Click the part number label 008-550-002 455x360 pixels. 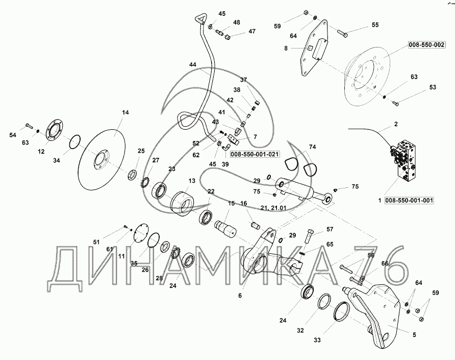point(426,45)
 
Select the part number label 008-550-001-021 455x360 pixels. point(255,155)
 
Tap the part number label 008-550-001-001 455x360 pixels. point(409,201)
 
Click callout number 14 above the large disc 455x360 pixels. point(125,112)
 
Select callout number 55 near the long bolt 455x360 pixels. point(375,25)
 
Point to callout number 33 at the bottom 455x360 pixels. point(317,340)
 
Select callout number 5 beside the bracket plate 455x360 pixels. point(414,335)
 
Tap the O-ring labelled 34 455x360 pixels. point(75,142)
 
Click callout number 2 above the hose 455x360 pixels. point(396,124)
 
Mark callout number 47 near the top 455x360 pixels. point(252,31)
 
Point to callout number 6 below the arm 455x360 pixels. point(240,296)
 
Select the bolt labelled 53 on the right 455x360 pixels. point(396,102)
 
